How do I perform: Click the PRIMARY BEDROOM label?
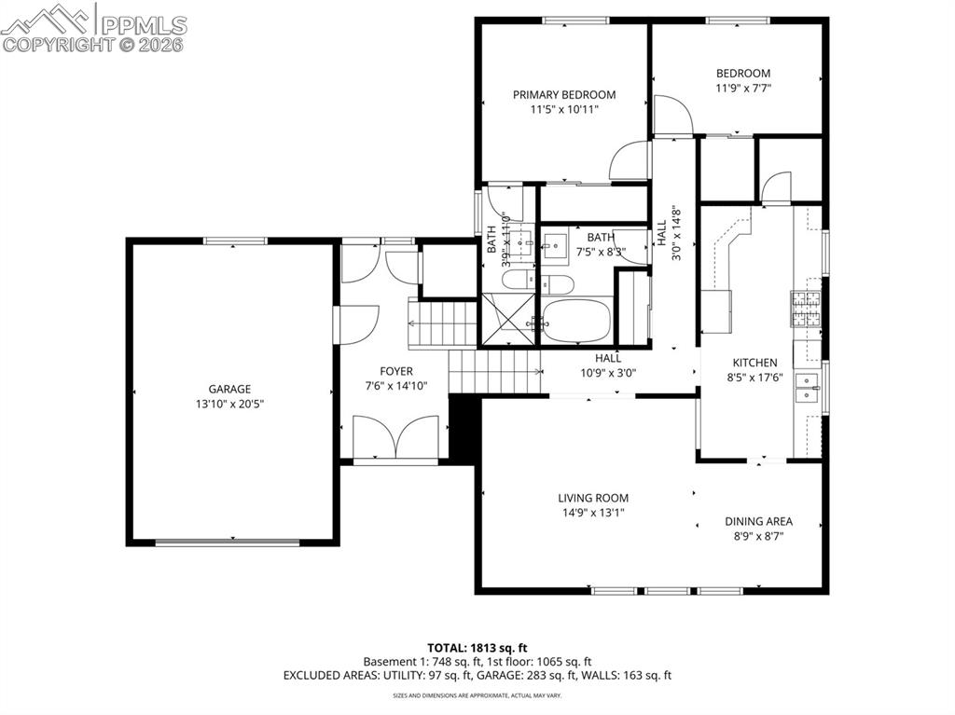coord(564,94)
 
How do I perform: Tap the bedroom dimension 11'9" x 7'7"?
coord(743,89)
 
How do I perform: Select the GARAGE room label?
coord(228,389)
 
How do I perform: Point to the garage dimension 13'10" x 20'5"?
coord(228,404)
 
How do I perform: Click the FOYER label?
coord(396,370)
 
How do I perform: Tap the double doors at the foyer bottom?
coord(395,437)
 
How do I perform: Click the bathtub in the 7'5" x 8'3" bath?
coord(576,322)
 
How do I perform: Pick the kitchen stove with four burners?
coord(806,309)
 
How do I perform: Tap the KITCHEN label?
coord(754,363)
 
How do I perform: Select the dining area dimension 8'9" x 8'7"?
coord(759,536)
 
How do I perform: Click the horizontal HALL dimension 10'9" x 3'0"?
coord(607,372)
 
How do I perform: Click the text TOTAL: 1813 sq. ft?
coord(477,647)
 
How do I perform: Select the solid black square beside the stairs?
coord(464,427)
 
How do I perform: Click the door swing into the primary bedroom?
coord(630,160)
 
